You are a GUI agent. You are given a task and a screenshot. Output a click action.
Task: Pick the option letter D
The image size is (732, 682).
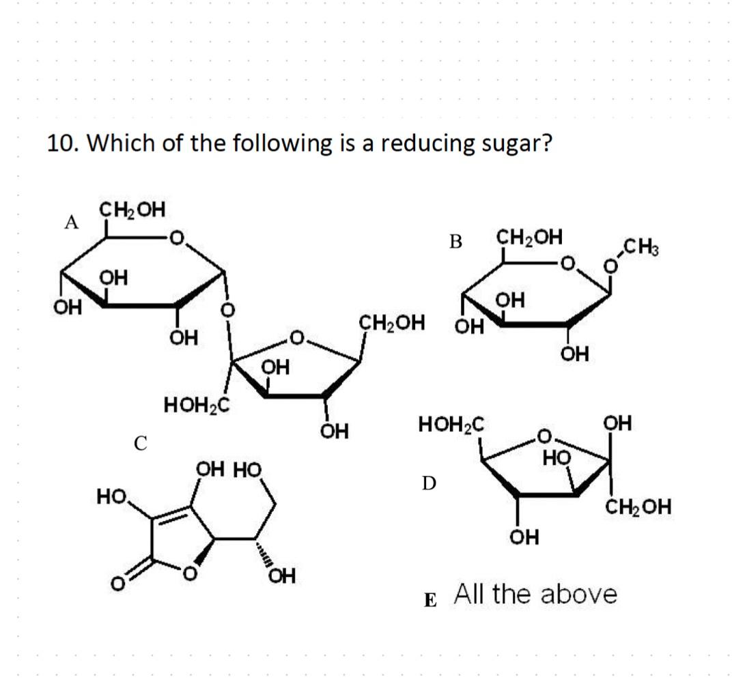click(427, 483)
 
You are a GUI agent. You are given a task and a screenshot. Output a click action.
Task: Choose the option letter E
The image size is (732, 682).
click(430, 601)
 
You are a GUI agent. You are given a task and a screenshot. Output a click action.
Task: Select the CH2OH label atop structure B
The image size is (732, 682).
click(529, 238)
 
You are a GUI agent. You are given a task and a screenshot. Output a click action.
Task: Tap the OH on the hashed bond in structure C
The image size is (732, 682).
click(281, 578)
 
